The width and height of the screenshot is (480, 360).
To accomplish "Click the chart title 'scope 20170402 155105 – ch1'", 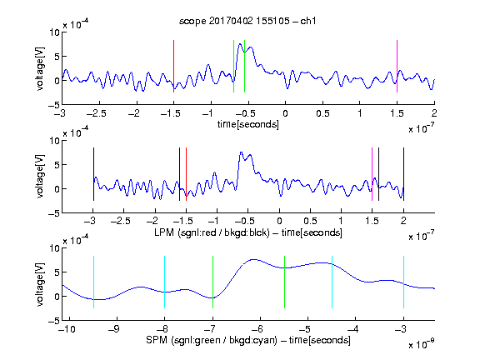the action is pos(247,21).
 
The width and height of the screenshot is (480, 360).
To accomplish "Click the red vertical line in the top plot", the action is pos(173,66).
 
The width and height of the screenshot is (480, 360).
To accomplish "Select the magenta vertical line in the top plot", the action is pos(397,66).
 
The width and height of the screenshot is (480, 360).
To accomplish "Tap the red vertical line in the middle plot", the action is pos(186,174).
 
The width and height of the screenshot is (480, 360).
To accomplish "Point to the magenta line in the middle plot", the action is pos(372,174).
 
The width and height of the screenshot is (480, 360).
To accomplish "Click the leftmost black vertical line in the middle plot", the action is pos(93,174).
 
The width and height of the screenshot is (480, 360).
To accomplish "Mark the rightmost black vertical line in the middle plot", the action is pos(403,174).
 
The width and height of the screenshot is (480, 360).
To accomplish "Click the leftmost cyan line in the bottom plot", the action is pos(93,282).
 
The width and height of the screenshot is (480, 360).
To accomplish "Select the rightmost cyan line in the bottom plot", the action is pos(403,282).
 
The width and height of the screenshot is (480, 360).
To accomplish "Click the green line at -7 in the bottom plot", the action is pos(212,282).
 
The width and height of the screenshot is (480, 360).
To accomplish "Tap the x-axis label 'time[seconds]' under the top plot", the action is pos(248,125).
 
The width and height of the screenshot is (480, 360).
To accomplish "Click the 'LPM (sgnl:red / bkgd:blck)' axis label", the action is pos(212,232).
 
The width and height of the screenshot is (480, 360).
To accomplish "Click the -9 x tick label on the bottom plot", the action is pos(114,329).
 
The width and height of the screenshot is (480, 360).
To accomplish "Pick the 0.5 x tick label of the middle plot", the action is pos(310,221).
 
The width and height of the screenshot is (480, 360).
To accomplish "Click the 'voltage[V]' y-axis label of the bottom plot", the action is pos(40,284).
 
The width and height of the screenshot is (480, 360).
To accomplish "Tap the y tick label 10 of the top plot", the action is pos(55,32).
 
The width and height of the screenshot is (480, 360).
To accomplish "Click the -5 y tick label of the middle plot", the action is pos(54,213).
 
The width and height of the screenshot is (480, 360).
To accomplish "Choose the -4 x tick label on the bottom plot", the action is pos(352,329).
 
